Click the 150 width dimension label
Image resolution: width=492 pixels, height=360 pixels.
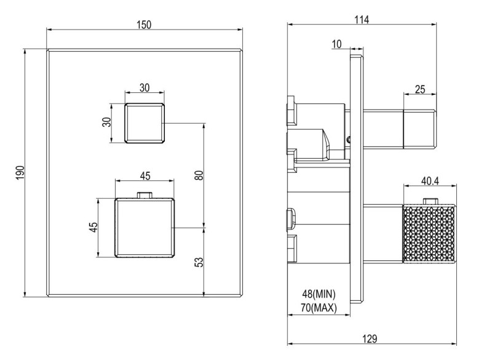(144, 25)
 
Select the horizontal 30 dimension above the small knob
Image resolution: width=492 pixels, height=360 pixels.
(145, 87)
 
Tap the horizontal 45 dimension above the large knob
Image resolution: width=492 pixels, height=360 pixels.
(145, 176)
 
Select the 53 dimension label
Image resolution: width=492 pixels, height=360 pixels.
(198, 262)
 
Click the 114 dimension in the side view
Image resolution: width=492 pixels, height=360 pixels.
(362, 20)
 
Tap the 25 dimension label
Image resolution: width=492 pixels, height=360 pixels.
(420, 89)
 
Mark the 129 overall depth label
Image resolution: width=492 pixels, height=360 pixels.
(370, 339)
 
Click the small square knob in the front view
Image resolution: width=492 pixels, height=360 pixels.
(145, 123)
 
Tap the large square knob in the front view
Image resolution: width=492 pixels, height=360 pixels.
(145, 228)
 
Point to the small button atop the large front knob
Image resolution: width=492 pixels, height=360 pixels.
(145, 195)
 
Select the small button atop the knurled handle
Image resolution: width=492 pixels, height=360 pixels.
(430, 201)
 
